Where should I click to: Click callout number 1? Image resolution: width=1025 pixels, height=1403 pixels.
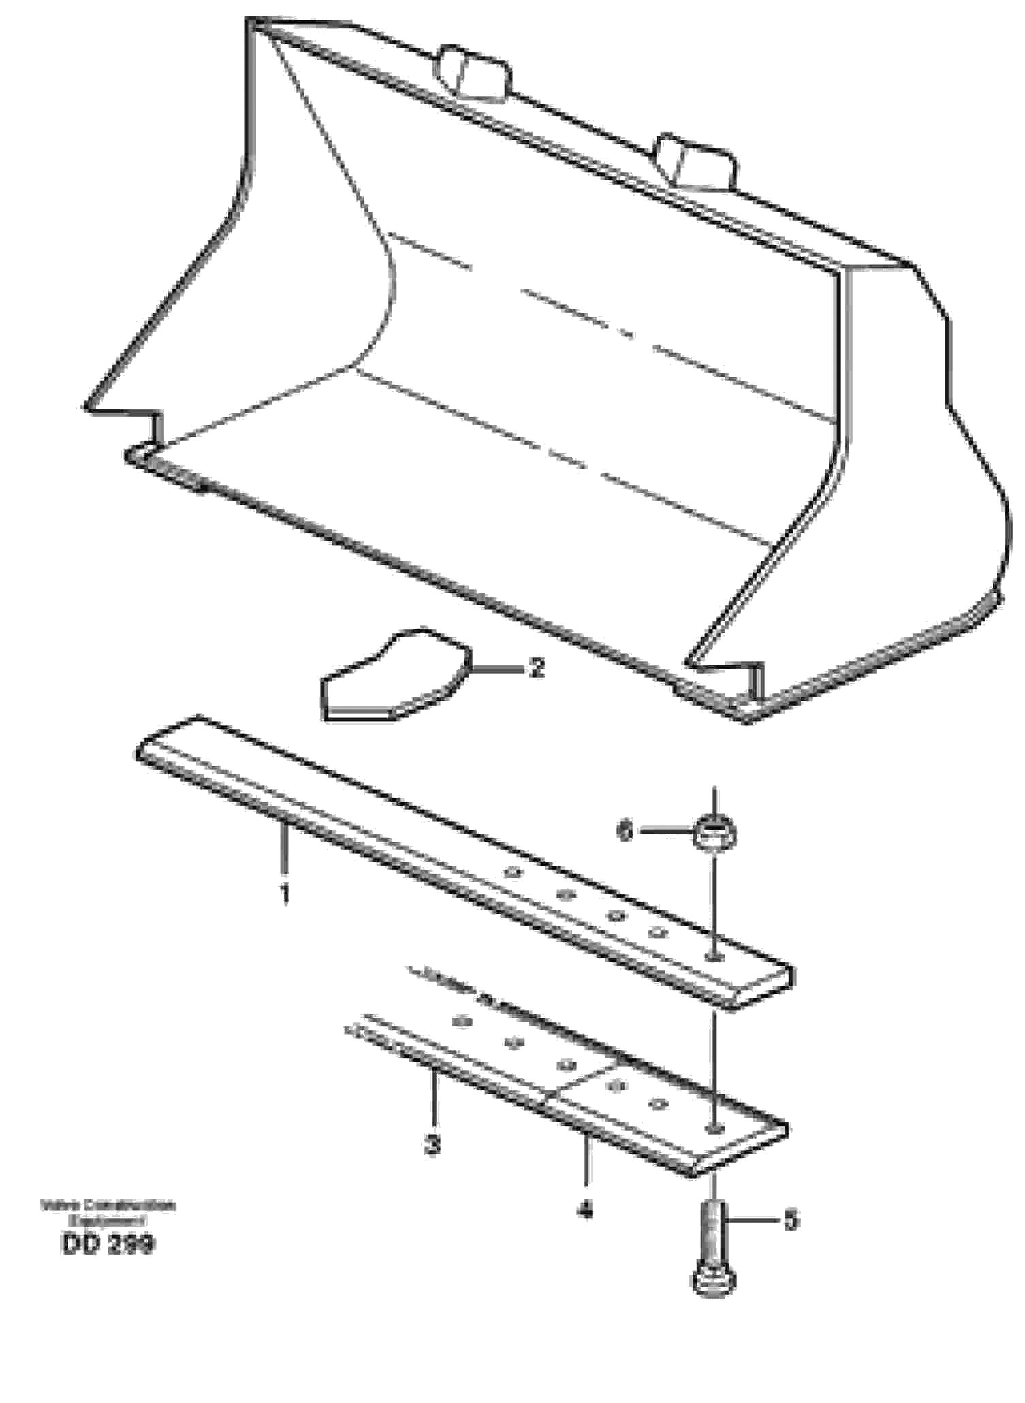(285, 893)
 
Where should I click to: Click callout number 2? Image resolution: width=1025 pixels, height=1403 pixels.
(537, 668)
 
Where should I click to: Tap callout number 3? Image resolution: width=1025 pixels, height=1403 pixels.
(432, 1145)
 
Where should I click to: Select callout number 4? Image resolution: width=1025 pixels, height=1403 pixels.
(585, 1210)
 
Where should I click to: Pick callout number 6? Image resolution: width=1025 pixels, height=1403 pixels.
(625, 831)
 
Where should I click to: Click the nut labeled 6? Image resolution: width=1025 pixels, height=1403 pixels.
(714, 832)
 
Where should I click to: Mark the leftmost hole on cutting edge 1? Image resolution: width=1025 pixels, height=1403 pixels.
(511, 872)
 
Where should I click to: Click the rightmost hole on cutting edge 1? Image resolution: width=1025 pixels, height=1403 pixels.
(713, 958)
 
